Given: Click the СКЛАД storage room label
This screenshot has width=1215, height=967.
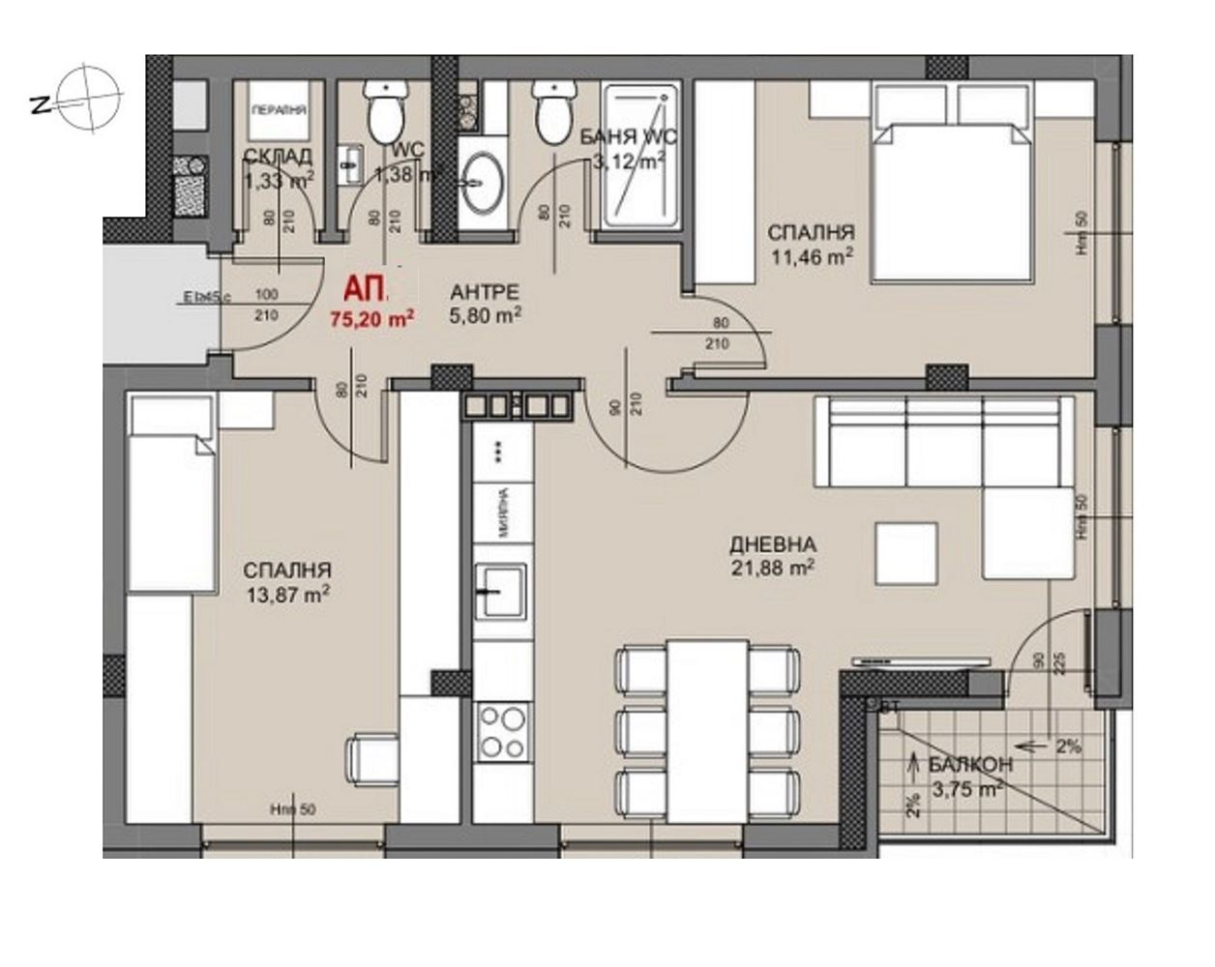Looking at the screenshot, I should point(278,157).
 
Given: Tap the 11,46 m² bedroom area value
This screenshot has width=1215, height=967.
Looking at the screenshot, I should point(812,256).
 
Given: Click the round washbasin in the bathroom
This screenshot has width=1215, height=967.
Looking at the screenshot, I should point(481,184).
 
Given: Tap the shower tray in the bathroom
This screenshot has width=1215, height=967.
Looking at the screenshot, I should point(639,156).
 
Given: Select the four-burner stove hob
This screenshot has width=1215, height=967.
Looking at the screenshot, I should point(503,731).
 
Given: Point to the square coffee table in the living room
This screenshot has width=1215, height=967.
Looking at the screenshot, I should point(906,552).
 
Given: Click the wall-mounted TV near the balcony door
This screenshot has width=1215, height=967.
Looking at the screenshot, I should point(921,661).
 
